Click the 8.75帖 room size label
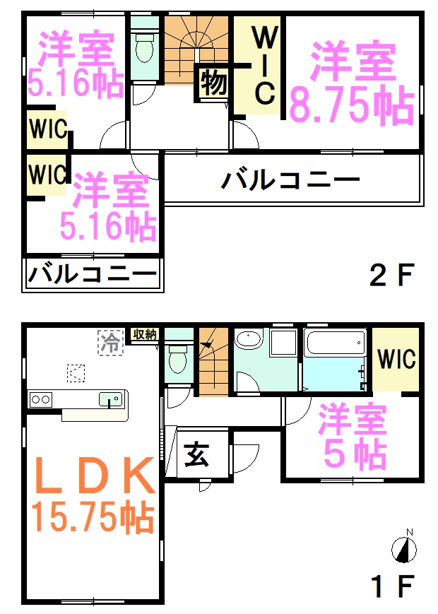(x=352, y=105)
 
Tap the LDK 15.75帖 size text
(x=93, y=517)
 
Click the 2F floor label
(x=391, y=275)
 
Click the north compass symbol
(x=404, y=548)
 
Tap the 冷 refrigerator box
(x=111, y=343)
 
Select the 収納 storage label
(x=145, y=334)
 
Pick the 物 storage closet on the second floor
(x=214, y=83)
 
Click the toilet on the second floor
(x=144, y=47)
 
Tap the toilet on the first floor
(x=179, y=358)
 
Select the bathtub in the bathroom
(x=336, y=342)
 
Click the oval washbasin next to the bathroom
(x=249, y=339)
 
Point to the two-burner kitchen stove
(x=40, y=400)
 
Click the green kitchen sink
(x=111, y=399)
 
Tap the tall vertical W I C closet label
(x=265, y=66)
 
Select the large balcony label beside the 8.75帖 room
(x=290, y=180)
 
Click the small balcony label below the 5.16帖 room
(x=93, y=273)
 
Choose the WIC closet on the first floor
(x=396, y=359)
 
